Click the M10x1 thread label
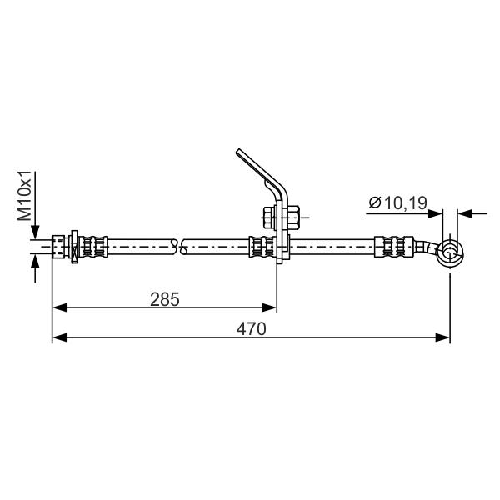pos(24,196)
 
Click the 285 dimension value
pos(165,299)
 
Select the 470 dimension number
pos(252,329)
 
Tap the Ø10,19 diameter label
pos(398,202)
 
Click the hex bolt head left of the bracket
pos(270,217)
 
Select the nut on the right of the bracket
pos(293,217)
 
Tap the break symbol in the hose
pos(179,247)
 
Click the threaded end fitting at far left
pos(58,247)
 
